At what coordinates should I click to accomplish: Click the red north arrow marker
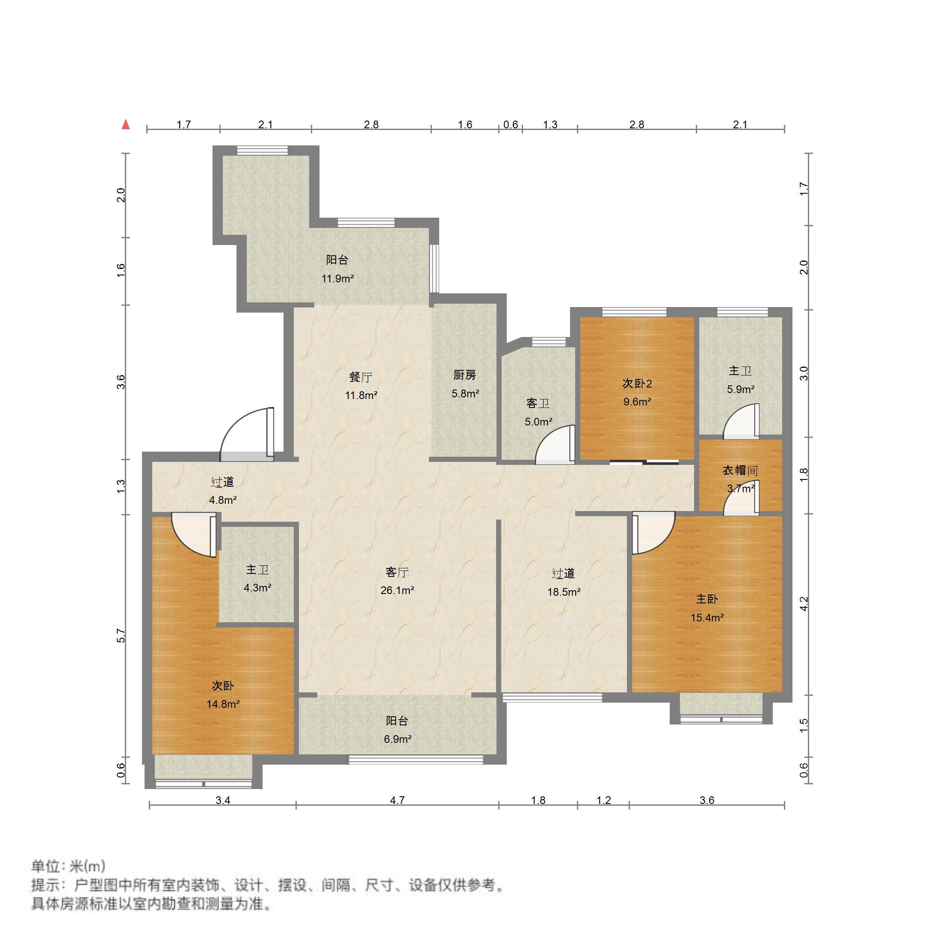pos(126,125)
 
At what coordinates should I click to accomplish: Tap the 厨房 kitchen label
pos(464,375)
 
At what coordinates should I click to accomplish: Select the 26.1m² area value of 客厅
pos(397,590)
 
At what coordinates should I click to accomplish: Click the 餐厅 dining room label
pos(361,377)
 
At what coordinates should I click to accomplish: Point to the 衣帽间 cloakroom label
pos(740,470)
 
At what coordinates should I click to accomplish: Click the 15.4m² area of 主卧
pos(707,618)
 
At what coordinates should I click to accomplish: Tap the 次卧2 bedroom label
pos(637,383)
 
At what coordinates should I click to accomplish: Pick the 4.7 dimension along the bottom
pos(397,800)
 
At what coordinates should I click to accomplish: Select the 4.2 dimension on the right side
pos(804,603)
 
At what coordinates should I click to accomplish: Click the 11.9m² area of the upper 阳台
pos(337,278)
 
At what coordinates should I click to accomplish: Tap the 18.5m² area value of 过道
pos(563,592)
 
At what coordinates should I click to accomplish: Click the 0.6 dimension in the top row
pos(511,125)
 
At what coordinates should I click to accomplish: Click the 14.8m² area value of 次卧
pos(223,704)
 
